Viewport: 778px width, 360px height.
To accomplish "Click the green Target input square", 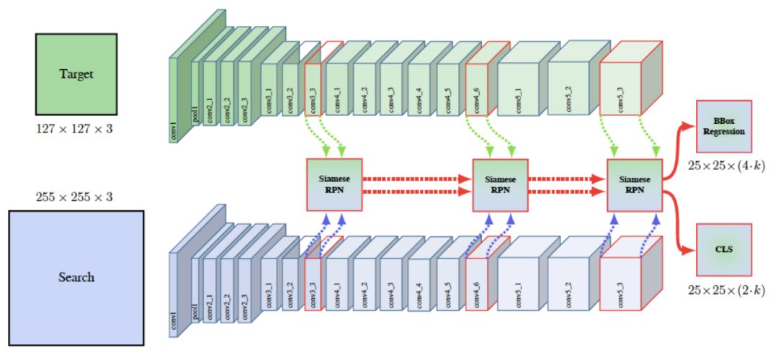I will (x=76, y=73).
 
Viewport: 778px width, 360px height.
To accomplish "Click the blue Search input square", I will (x=76, y=276).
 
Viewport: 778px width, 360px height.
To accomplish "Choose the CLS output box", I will (x=724, y=250).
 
